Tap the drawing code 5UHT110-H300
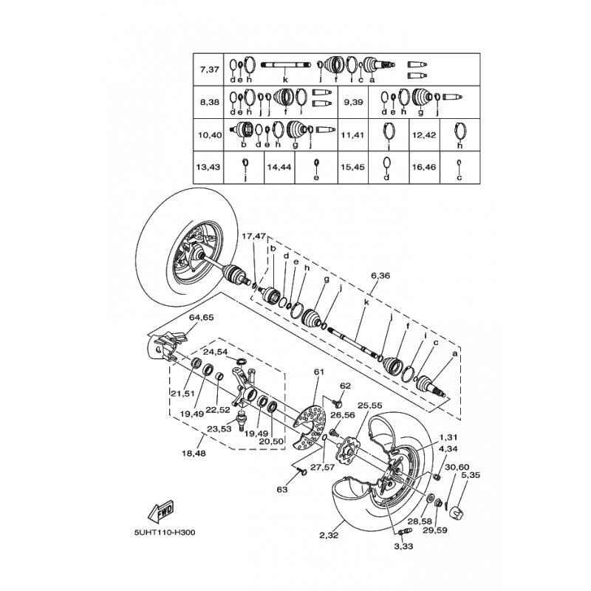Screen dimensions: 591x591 pyautogui.click(x=165, y=533)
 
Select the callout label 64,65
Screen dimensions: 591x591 pyautogui.click(x=201, y=318)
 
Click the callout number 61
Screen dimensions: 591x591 pyautogui.click(x=319, y=372)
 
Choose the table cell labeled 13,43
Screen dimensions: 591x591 pyautogui.click(x=208, y=167)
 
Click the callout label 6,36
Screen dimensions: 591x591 pyautogui.click(x=380, y=276)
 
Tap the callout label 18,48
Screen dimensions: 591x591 pyautogui.click(x=194, y=454)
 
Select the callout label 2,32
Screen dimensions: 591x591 pyautogui.click(x=329, y=535)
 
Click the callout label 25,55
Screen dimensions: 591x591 pyautogui.click(x=370, y=406)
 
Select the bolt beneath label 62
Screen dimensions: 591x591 pyautogui.click(x=338, y=403)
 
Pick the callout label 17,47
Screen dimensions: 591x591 pyautogui.click(x=253, y=236)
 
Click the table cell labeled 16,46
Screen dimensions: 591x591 pyautogui.click(x=424, y=167)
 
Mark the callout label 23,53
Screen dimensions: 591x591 pyautogui.click(x=219, y=429)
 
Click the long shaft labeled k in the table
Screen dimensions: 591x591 pyautogui.click(x=285, y=64)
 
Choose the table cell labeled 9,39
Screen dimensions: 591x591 pyautogui.click(x=353, y=102)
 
